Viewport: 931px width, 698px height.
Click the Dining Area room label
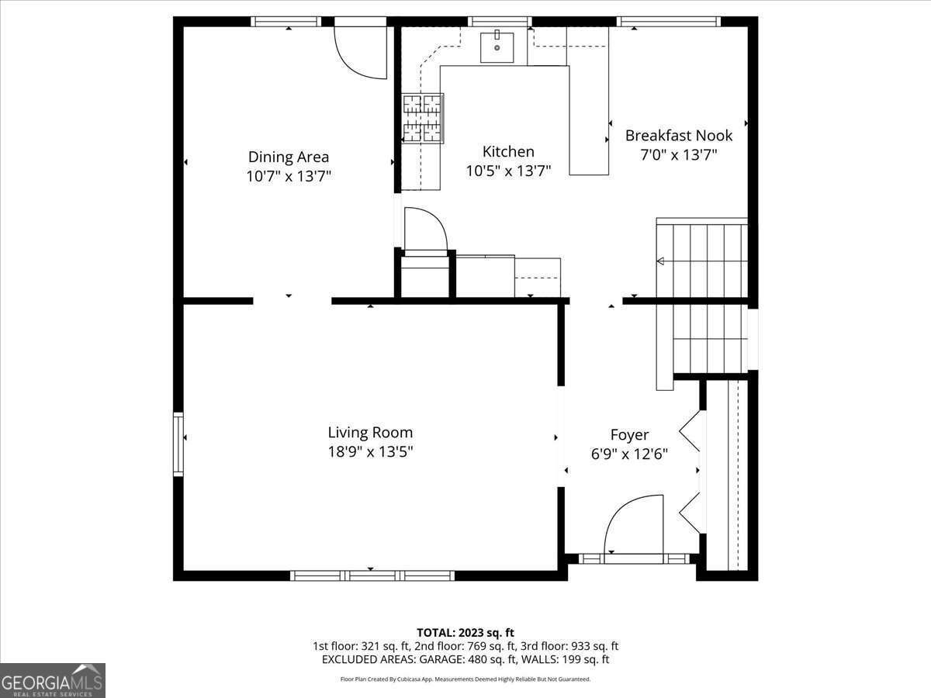click(x=289, y=157)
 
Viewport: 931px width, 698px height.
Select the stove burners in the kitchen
click(x=423, y=118)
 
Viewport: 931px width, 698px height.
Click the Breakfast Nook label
click(x=679, y=136)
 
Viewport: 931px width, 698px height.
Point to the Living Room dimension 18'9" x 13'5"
click(x=370, y=451)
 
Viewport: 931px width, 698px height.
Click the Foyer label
click(x=629, y=435)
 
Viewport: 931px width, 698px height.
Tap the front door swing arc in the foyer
click(x=632, y=523)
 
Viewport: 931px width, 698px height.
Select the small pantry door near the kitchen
click(x=424, y=229)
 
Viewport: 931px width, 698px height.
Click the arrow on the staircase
click(x=660, y=261)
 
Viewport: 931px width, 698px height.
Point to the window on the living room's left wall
click(x=178, y=444)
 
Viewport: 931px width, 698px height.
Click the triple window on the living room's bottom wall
click(x=372, y=575)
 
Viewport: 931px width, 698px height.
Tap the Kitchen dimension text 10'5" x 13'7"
click(x=508, y=171)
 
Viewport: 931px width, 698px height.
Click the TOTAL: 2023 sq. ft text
click(x=465, y=633)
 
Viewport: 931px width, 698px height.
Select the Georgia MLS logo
click(x=52, y=680)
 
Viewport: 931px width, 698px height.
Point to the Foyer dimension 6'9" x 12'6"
click(x=629, y=454)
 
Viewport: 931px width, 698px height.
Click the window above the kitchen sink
click(x=500, y=21)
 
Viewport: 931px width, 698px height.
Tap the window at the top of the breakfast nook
click(x=668, y=21)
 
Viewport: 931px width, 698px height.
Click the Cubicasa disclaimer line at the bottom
click(x=465, y=679)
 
